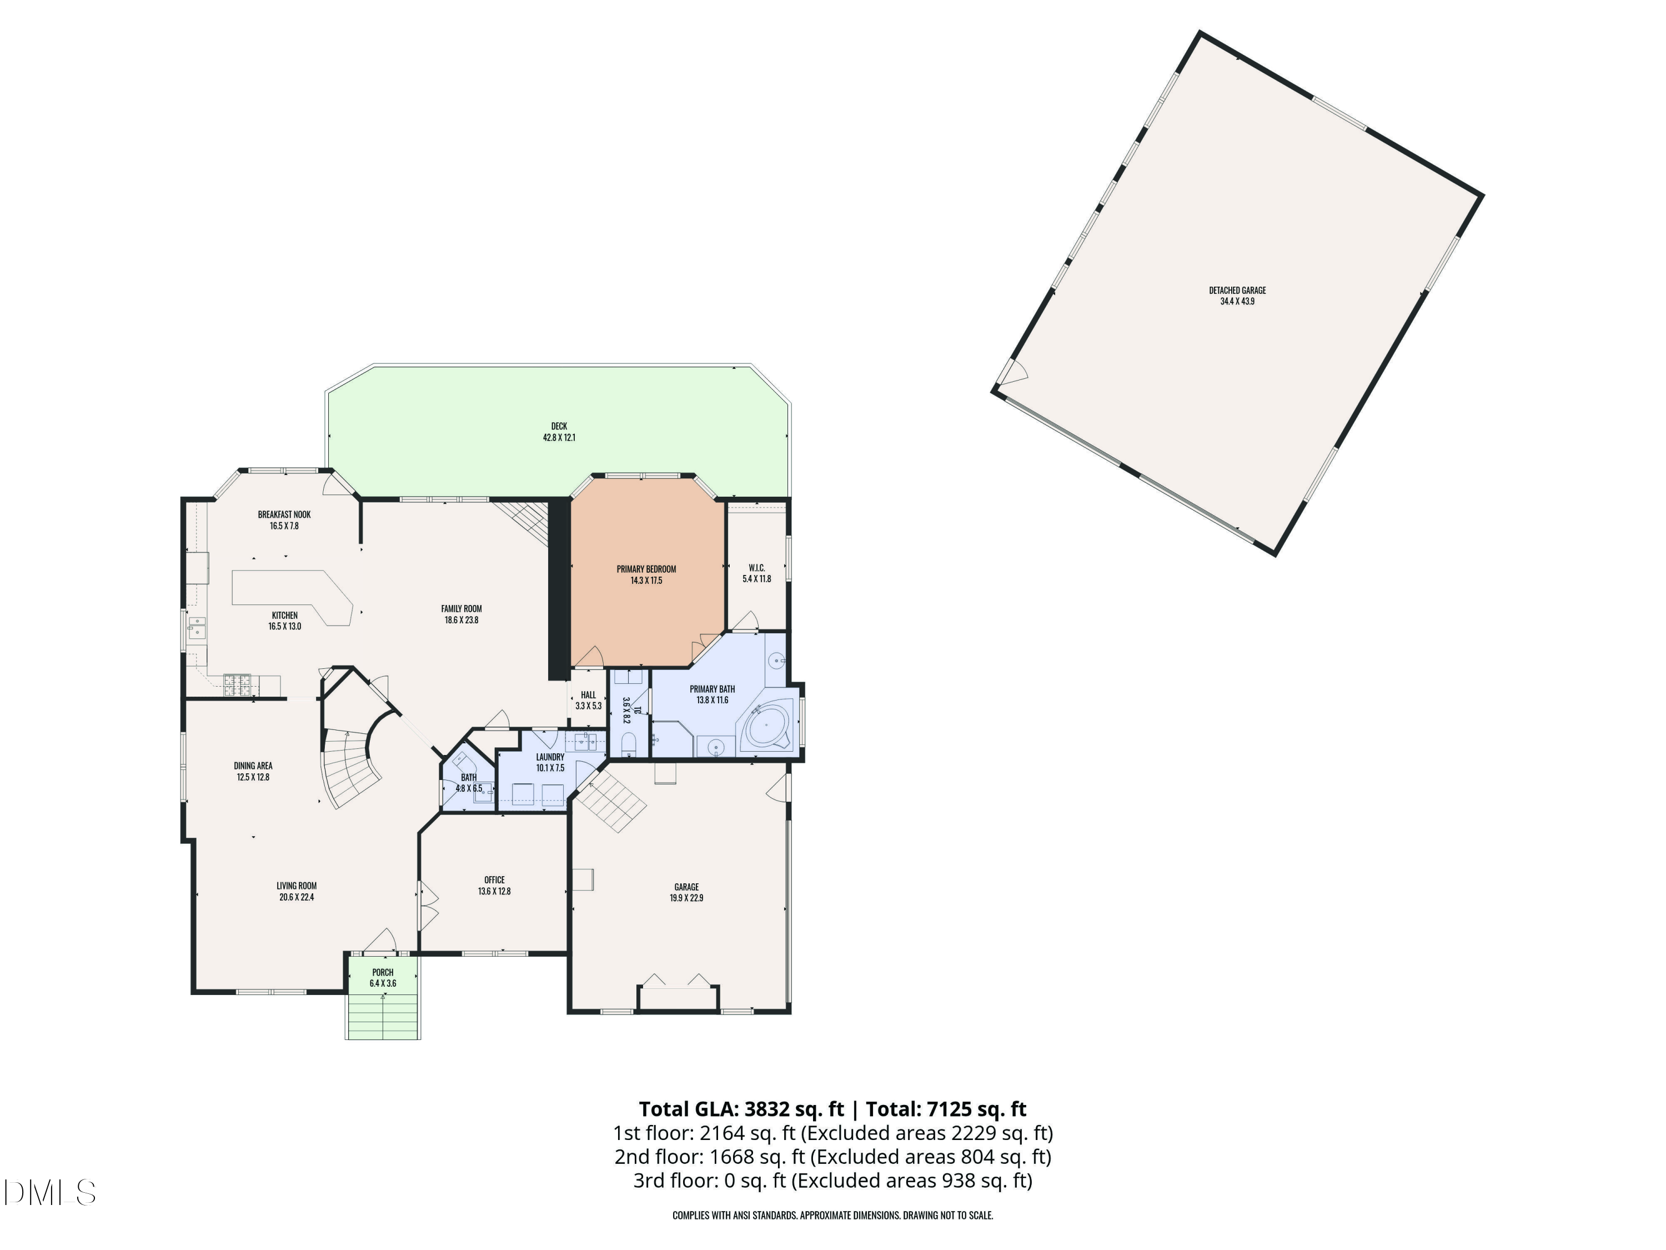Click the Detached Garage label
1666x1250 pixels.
1237,290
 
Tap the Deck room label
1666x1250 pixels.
559,427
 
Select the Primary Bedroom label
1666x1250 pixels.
646,569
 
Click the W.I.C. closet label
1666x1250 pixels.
757,567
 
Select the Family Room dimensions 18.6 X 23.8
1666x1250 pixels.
461,620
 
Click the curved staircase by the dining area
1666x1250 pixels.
354,761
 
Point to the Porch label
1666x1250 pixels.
383,972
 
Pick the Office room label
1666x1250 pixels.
494,879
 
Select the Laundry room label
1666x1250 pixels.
550,757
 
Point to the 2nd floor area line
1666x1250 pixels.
833,1157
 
